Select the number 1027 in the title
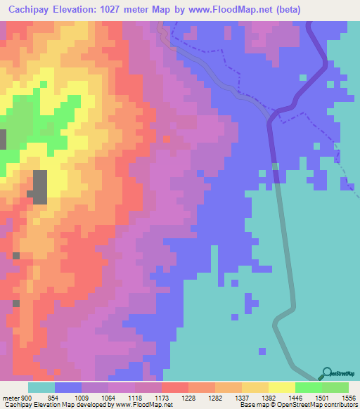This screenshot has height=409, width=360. [x=134, y=9]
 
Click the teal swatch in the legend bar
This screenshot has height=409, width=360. [x=41, y=387]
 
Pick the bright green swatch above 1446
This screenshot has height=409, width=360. [x=308, y=387]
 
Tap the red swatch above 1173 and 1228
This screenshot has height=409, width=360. [x=174, y=387]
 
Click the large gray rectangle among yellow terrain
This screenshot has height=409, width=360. [x=39, y=187]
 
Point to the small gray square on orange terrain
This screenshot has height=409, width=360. [x=16, y=256]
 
